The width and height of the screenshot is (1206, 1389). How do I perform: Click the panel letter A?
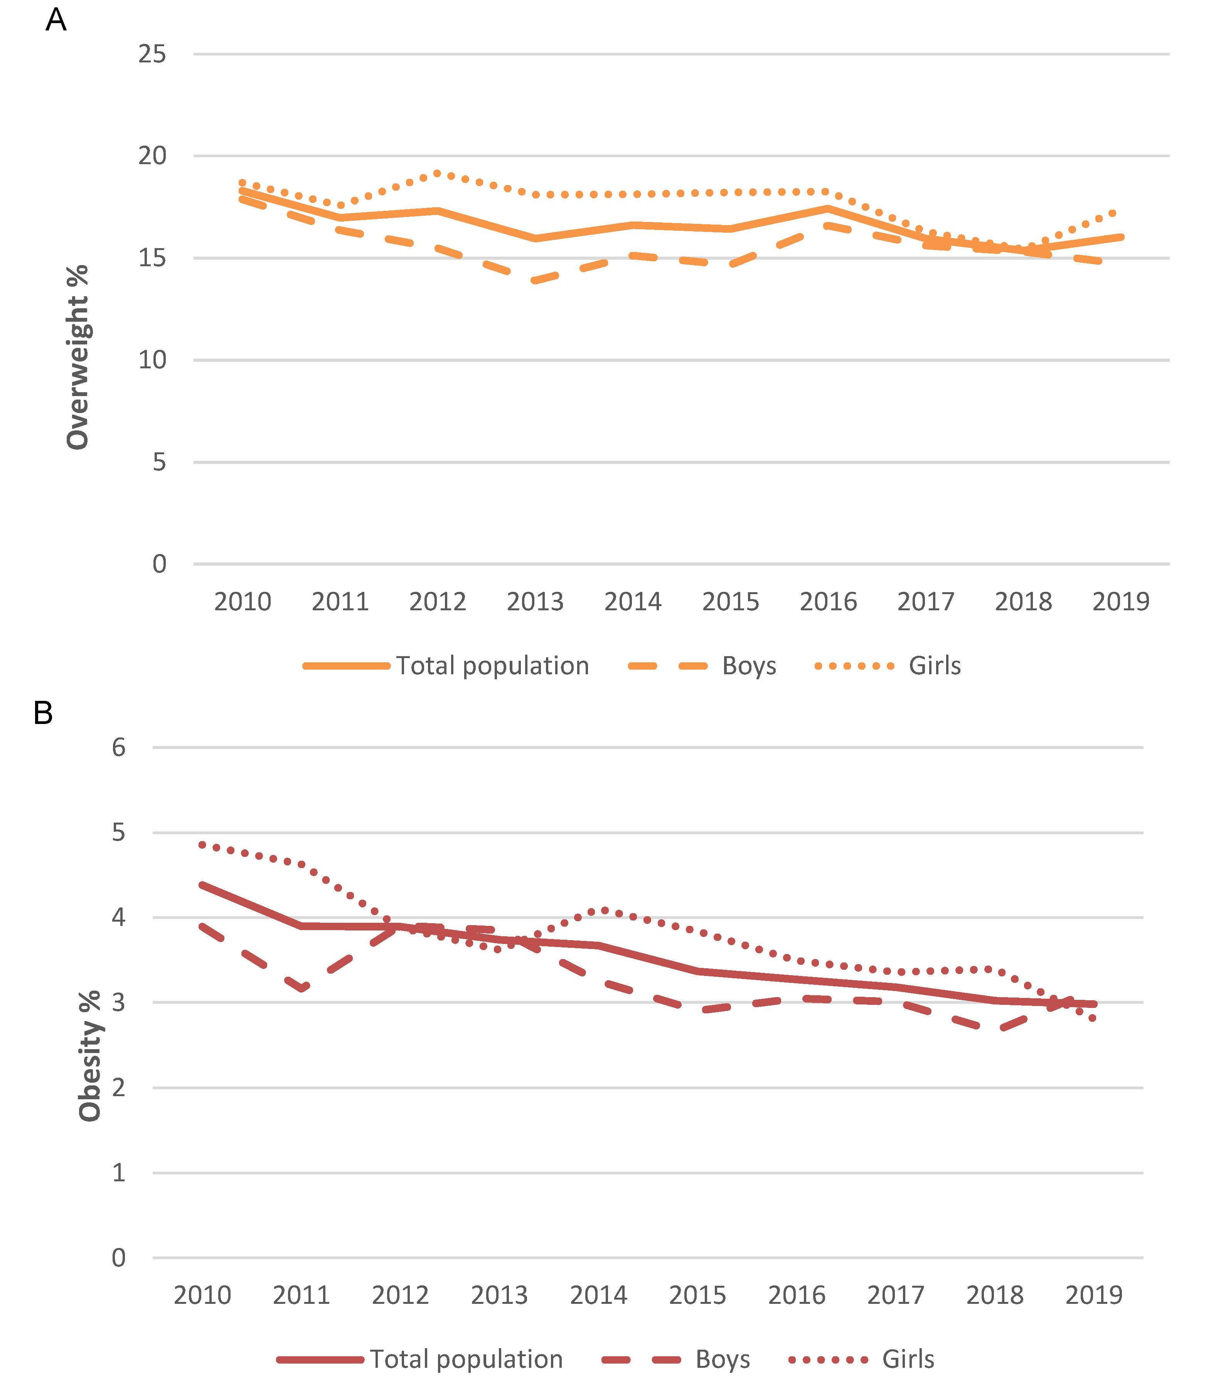[56, 20]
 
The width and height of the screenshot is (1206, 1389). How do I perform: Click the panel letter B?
[43, 713]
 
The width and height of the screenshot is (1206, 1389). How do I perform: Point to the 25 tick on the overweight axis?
[152, 54]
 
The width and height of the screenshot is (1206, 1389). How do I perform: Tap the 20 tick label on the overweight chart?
[152, 156]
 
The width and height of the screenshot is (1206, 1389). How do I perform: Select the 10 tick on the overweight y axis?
[152, 361]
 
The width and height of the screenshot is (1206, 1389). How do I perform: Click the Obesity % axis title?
[89, 1056]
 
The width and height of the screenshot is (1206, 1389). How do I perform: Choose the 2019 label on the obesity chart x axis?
[1093, 1295]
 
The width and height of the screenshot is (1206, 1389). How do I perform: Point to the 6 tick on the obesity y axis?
[119, 747]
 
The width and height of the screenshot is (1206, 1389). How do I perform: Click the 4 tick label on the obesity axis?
[119, 917]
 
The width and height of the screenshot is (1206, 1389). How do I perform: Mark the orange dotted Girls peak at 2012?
[438, 173]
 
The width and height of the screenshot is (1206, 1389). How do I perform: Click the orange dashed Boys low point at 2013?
[535, 280]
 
